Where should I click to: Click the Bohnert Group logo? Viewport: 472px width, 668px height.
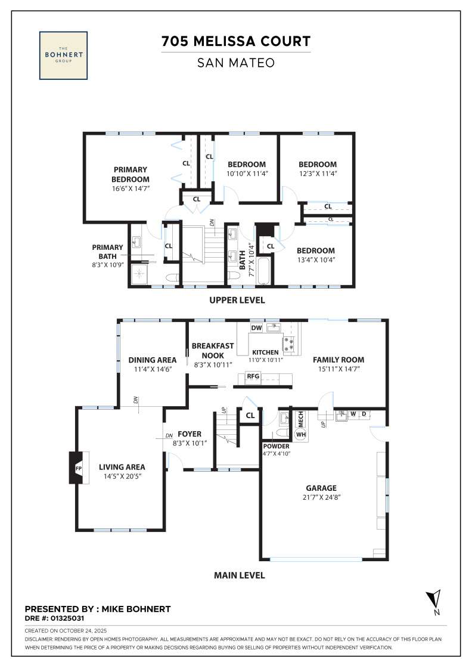(63, 55)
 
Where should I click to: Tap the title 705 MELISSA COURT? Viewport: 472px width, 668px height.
(236, 41)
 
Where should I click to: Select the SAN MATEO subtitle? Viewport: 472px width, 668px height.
(236, 63)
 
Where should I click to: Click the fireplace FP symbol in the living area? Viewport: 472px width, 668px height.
(78, 468)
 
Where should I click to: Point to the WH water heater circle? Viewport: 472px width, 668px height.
(301, 435)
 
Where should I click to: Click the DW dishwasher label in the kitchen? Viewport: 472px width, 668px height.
(256, 327)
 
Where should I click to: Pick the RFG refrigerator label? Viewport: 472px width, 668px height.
(253, 376)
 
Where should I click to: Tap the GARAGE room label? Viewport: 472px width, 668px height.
(321, 488)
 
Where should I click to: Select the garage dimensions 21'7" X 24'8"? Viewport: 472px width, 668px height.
(321, 497)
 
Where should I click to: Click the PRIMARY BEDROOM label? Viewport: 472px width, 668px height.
(131, 174)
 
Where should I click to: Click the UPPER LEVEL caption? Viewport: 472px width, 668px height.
(237, 300)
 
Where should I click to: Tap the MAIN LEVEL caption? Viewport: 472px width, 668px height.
(239, 575)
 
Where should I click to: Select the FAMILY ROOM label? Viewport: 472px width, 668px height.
(339, 360)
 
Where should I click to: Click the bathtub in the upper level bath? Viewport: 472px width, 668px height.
(263, 271)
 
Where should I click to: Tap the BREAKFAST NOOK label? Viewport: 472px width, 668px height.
(212, 350)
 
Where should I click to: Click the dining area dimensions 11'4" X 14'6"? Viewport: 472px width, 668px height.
(153, 369)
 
